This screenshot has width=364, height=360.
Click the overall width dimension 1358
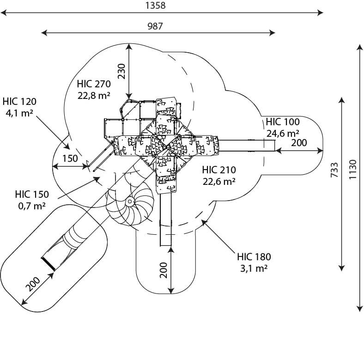coord(155,5)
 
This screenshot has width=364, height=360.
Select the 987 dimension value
coord(155,26)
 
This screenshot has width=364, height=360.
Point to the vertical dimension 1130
coord(352,169)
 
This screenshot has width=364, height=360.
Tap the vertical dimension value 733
coord(334,170)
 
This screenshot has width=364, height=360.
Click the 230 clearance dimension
coord(121,71)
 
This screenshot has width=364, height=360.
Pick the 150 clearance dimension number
coord(70,159)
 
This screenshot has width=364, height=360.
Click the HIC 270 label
coord(94,84)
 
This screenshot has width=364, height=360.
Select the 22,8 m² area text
coord(94,95)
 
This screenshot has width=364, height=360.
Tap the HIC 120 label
coord(19,102)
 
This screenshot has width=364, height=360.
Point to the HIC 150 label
coord(32,195)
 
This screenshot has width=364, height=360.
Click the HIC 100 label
coord(283,122)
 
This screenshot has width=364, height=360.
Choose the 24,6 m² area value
coord(283,133)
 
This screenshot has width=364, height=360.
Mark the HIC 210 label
coord(219,170)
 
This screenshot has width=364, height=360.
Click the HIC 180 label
coord(254,257)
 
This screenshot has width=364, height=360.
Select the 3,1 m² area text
coord(254,268)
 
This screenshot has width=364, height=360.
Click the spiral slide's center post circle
coord(130,201)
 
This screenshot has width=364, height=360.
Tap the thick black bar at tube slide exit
coord(49,264)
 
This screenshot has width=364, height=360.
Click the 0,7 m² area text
coord(32,206)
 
